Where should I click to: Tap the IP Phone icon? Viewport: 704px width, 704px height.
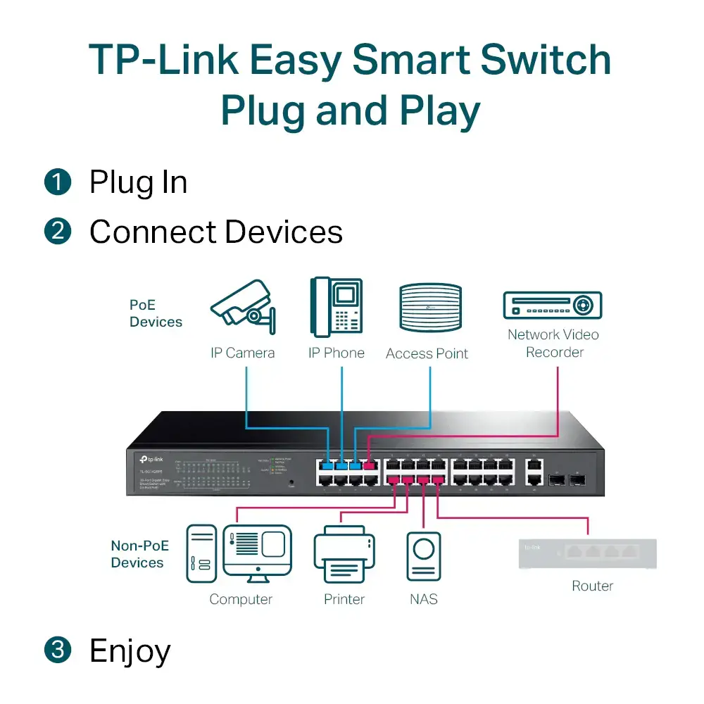coord(337,308)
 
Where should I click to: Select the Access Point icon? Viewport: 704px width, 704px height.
coord(430,308)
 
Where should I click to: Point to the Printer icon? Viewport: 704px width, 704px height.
coord(344,557)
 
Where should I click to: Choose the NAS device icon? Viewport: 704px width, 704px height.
coord(425,557)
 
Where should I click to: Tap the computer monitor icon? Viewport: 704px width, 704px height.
coord(257,552)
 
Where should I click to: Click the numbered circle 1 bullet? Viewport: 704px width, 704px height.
coord(58,182)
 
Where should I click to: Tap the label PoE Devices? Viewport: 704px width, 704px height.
coord(156,313)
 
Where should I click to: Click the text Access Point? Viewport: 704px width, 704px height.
coord(427,353)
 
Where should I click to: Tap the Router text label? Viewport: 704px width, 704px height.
coord(592,586)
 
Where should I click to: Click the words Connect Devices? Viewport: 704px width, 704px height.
coord(216,232)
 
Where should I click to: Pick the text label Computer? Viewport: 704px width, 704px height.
coord(241,600)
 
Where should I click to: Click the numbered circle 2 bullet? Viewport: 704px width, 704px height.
coord(58,231)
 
